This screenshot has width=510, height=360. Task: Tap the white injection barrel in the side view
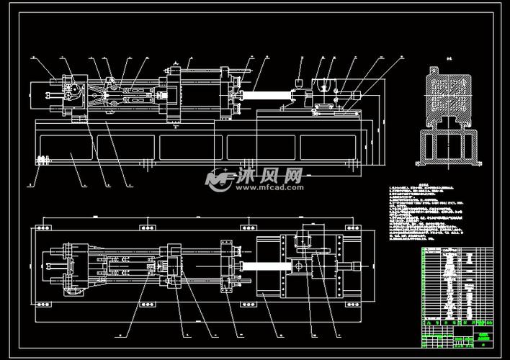270,94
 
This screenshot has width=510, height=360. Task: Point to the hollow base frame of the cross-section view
447,146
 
